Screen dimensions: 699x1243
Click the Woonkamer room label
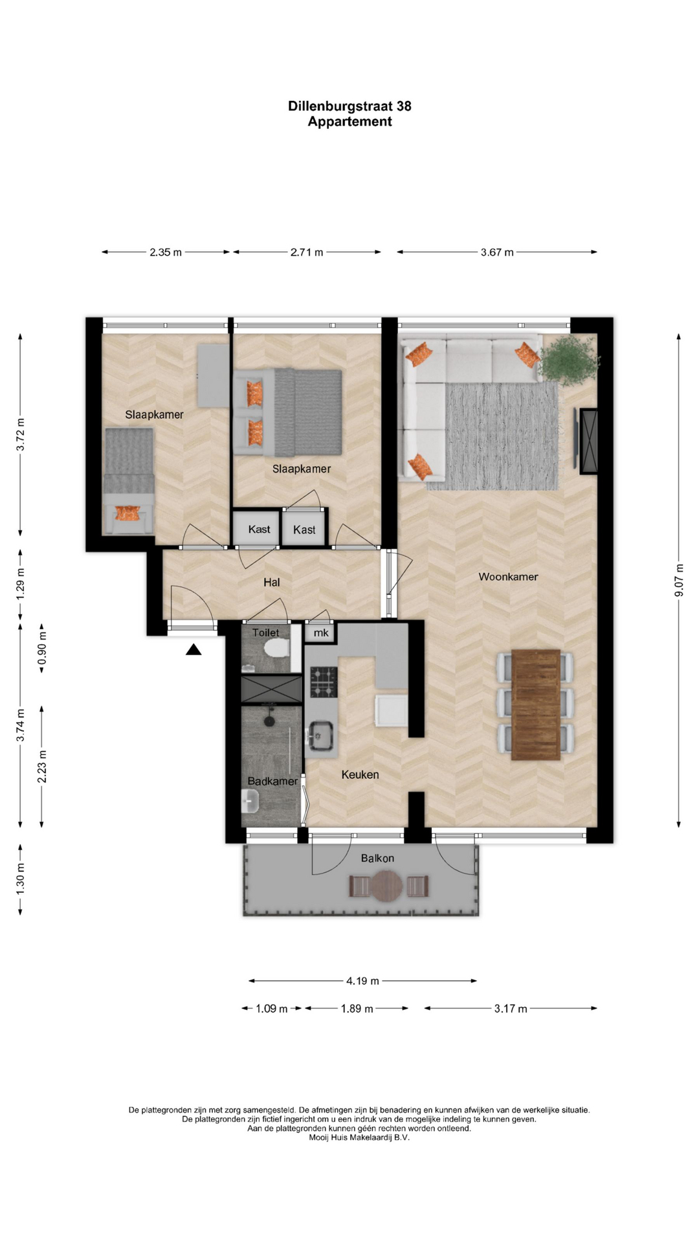coord(508,577)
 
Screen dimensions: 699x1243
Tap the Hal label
coord(272,583)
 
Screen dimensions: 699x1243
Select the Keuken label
coord(360,774)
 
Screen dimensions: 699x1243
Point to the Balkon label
coord(377,858)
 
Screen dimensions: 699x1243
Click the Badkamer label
coord(272,781)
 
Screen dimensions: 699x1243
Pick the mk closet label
coord(321,633)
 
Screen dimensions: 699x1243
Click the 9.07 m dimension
coord(679,581)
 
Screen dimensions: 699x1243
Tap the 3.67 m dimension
coord(497,252)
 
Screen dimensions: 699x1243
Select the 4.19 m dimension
coord(362,981)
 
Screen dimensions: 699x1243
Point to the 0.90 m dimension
coord(42,649)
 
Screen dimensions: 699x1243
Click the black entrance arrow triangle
coord(194,649)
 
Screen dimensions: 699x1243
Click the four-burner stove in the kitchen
coord(324,682)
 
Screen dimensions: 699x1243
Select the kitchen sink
coord(320,736)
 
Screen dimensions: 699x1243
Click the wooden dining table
coord(536,704)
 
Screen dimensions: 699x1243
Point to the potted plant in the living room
coord(568,360)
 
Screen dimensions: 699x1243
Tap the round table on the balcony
coord(387,886)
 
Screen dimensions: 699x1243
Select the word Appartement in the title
coord(349,122)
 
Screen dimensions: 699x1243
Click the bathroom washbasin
coord(250,801)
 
